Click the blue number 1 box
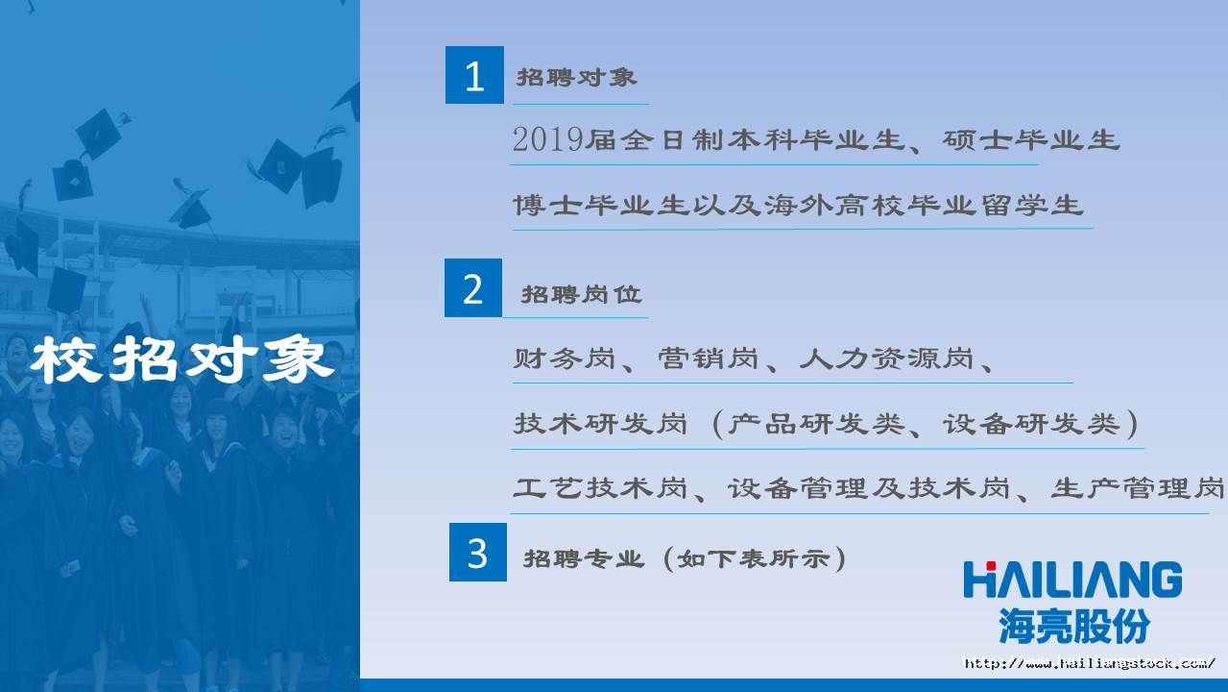[474, 75]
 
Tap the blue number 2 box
[473, 288]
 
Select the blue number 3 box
[478, 552]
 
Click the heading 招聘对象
[576, 77]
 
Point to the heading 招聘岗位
[581, 295]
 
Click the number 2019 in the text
[547, 139]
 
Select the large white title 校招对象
[181, 359]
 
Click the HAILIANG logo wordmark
[1072, 579]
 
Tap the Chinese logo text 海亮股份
[1074, 626]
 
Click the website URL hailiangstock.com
[1090, 663]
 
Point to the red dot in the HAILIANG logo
[990, 566]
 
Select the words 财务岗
[565, 358]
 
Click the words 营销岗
[709, 358]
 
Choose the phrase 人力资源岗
[886, 358]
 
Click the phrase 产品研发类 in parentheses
[816, 424]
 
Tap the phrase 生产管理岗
[1138, 488]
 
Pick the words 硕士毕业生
[1031, 140]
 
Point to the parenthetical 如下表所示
[755, 558]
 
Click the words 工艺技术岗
[600, 488]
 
